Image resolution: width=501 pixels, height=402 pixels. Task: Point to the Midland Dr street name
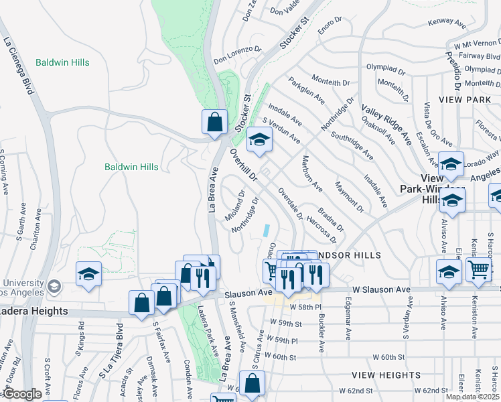tap(240, 199)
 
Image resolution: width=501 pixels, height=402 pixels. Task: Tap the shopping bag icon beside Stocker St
tap(214, 123)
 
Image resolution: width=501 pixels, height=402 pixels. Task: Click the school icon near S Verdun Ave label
tap(259, 140)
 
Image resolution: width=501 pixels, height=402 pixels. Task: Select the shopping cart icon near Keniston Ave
tap(479, 269)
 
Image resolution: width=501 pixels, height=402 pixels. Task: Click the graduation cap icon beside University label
tap(88, 275)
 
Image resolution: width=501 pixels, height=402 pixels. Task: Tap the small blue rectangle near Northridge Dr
tap(267, 230)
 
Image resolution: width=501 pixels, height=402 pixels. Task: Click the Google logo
tap(22, 394)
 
